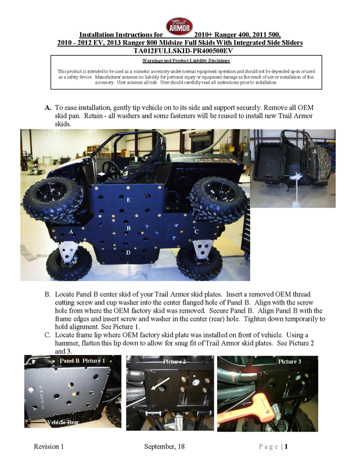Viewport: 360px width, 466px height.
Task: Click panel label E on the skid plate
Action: pyautogui.click(x=128, y=200)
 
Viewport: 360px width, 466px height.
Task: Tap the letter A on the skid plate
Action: pyautogui.click(x=71, y=231)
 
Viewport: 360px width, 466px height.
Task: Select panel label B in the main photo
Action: pyautogui.click(x=128, y=228)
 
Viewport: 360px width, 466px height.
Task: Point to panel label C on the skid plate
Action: pyautogui.click(x=197, y=231)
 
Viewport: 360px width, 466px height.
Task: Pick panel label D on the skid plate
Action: pyautogui.click(x=128, y=253)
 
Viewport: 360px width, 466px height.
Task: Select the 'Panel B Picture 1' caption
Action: pyautogui.click(x=82, y=361)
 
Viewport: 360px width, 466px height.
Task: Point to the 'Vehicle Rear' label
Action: pyautogui.click(x=63, y=422)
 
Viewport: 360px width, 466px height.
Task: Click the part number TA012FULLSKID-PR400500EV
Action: pyautogui.click(x=180, y=51)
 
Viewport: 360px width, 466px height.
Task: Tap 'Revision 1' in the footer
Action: pyautogui.click(x=49, y=446)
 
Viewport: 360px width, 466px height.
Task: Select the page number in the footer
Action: pyautogui.click(x=286, y=446)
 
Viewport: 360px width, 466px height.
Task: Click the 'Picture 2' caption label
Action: pyautogui.click(x=174, y=361)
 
